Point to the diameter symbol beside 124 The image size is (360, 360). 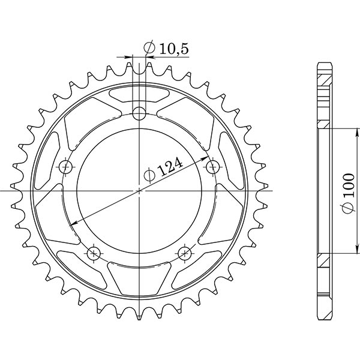pos(151,175)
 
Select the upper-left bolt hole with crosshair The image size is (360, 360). pos(65,166)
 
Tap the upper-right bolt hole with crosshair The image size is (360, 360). pos(213,165)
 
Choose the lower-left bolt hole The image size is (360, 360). pos(94,252)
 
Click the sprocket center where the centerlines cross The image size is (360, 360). pos(140,191)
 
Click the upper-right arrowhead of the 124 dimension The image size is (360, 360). pos(205,158)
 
